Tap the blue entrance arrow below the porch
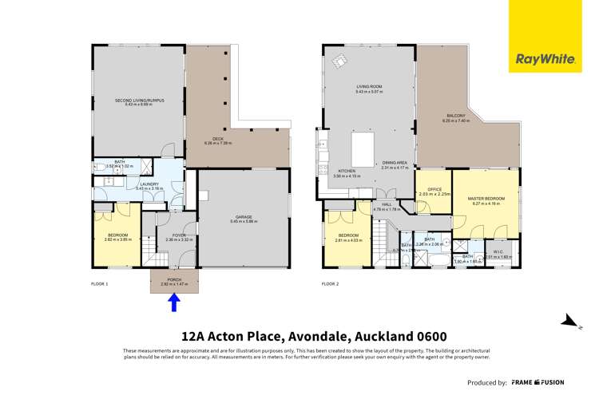coord(174,302)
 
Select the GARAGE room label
coord(243,216)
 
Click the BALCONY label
coord(456,117)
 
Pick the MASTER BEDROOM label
coord(485,199)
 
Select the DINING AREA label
coord(395,165)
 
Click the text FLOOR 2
coord(330,283)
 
